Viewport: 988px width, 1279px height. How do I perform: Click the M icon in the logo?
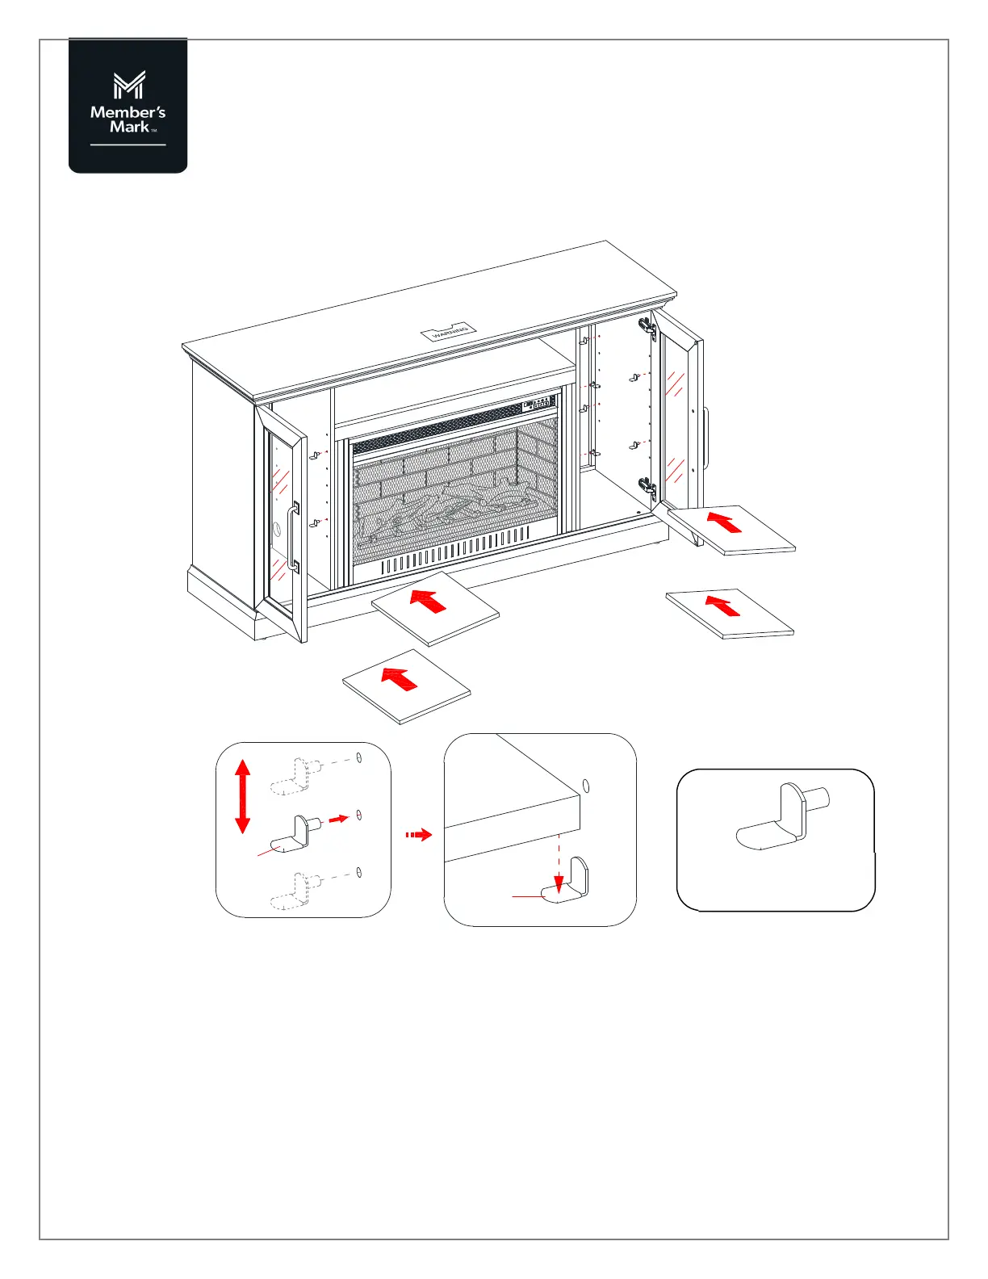128,86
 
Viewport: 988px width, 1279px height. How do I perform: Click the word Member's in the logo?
128,112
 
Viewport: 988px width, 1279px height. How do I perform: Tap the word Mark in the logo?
129,127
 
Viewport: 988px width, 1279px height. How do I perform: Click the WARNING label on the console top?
449,331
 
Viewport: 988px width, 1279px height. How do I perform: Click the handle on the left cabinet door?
292,538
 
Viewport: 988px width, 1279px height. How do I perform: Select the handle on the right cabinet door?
706,438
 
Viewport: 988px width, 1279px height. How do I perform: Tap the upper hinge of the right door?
646,325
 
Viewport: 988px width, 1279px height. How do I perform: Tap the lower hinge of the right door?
647,486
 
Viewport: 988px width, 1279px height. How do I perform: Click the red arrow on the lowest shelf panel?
399,678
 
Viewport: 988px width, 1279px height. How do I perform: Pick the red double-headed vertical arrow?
242,796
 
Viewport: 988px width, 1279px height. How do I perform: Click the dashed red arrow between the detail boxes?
418,834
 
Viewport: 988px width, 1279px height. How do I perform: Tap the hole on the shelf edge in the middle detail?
587,786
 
